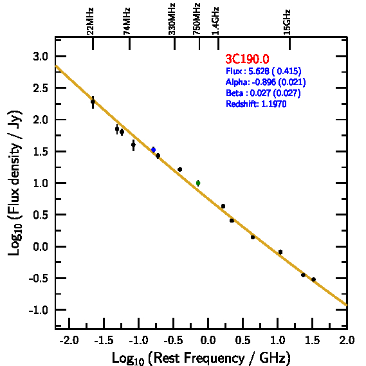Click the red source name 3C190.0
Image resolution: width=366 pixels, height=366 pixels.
point(247,59)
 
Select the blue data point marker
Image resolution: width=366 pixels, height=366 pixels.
point(153,150)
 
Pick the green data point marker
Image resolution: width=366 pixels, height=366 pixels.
point(198,183)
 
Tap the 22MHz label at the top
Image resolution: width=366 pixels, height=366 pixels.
point(90,21)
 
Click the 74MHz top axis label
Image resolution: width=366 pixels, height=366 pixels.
point(126,21)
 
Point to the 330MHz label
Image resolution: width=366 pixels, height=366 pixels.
point(172,19)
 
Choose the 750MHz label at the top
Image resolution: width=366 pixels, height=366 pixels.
point(196,19)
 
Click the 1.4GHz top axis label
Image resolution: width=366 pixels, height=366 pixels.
point(215,21)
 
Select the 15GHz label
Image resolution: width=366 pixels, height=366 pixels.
point(287,22)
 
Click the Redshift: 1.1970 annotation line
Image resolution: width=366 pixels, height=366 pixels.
point(256,104)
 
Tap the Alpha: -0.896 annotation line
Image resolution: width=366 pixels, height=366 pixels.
point(266,82)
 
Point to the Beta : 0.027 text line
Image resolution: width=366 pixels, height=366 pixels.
point(263,93)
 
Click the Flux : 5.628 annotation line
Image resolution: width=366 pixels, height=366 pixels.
point(264,71)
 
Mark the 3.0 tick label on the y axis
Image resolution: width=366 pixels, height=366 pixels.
point(41,57)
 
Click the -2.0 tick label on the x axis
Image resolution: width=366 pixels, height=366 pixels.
point(69,340)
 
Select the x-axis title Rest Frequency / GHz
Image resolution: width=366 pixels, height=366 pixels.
point(201,358)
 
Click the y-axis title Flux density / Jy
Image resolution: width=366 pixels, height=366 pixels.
point(15,183)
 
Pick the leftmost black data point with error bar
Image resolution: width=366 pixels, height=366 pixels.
point(93,102)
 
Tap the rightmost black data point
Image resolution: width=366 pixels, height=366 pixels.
point(313,279)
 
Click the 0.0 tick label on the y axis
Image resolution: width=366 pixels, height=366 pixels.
point(41,247)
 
